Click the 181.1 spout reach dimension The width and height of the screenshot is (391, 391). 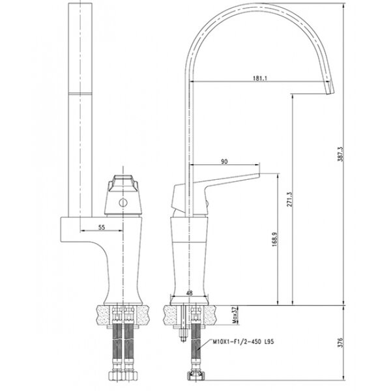(x=260, y=78)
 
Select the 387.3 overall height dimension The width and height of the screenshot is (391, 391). (x=341, y=154)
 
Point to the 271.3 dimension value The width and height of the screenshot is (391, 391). (x=289, y=199)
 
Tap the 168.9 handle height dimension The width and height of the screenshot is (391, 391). (x=274, y=239)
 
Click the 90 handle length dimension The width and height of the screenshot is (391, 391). (x=224, y=162)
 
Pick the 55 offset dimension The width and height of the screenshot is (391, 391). (x=102, y=227)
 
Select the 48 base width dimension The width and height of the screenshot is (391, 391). (x=190, y=293)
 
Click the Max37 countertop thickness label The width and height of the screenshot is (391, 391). (x=235, y=315)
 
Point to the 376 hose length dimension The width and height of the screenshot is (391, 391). (x=341, y=343)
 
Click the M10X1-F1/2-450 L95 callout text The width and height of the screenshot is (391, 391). (x=243, y=341)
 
